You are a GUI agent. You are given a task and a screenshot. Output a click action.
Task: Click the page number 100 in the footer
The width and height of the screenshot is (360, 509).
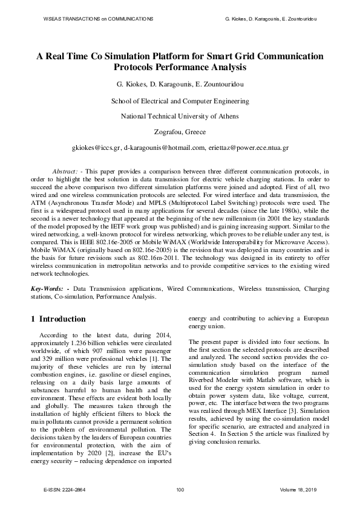(180, 489)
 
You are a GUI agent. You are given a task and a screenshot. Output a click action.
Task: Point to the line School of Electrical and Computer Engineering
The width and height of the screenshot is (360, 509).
(180, 101)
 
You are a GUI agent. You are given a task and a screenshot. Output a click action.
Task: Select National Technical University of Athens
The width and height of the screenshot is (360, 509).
(180, 116)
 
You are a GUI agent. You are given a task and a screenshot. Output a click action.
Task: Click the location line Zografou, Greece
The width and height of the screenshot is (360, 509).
(180, 131)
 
